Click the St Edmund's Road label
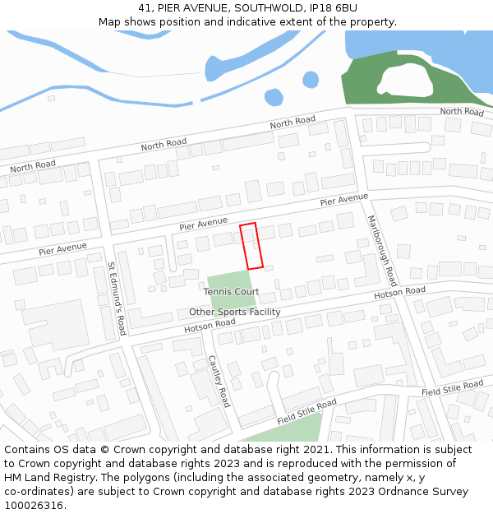(116, 298)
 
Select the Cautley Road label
(219, 381)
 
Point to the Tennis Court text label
(231, 292)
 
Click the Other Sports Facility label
(234, 313)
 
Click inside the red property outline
(251, 246)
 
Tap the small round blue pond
(311, 80)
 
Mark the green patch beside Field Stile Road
(288, 429)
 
